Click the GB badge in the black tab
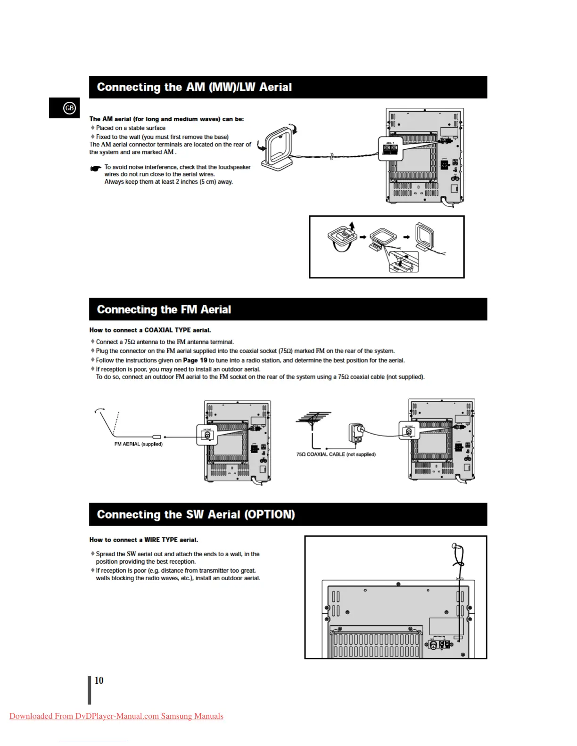[69, 108]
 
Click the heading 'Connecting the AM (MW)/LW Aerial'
[194, 87]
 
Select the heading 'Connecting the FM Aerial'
[164, 309]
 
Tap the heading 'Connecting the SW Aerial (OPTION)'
[196, 514]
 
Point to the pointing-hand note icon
[96, 168]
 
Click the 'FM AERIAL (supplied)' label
[138, 444]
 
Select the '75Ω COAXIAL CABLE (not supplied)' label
[336, 454]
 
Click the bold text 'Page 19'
[195, 360]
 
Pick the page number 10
[99, 681]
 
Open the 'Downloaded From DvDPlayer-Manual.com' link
[116, 716]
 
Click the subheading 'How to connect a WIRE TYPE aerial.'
[144, 540]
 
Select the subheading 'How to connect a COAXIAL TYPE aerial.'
[150, 330]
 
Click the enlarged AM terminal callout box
[390, 149]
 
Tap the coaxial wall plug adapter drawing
[355, 432]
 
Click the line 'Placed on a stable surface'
[131, 128]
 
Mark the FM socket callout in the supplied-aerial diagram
[207, 435]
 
